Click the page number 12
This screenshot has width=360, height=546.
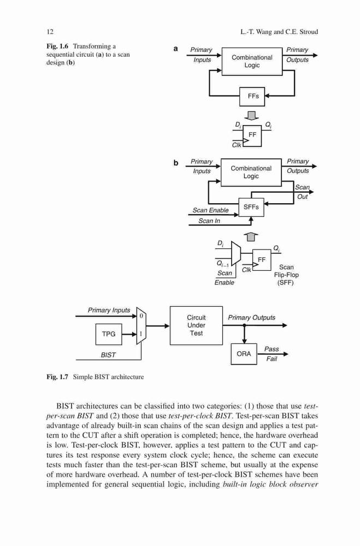point(50,32)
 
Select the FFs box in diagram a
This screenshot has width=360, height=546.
point(252,97)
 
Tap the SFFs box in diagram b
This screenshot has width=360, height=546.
point(251,207)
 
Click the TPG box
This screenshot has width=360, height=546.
point(109,334)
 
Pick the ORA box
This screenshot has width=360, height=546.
point(244,354)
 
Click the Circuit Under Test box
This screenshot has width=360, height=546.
point(196,325)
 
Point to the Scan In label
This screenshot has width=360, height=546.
point(209,221)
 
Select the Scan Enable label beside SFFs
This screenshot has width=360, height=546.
point(210,210)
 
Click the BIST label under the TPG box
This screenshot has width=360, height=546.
point(108,355)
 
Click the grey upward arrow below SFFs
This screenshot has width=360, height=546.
point(252,237)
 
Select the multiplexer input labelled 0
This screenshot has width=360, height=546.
point(141,316)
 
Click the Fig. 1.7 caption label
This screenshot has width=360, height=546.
point(57,377)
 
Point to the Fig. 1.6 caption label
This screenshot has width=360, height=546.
point(57,46)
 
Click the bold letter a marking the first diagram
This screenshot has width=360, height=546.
point(176,49)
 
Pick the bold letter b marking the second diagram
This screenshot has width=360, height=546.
point(176,163)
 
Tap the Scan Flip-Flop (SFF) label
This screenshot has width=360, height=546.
point(286,275)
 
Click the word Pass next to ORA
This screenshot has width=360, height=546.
point(272,349)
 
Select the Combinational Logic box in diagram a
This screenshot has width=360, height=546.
point(252,61)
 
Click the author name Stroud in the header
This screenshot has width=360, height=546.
point(309,32)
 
